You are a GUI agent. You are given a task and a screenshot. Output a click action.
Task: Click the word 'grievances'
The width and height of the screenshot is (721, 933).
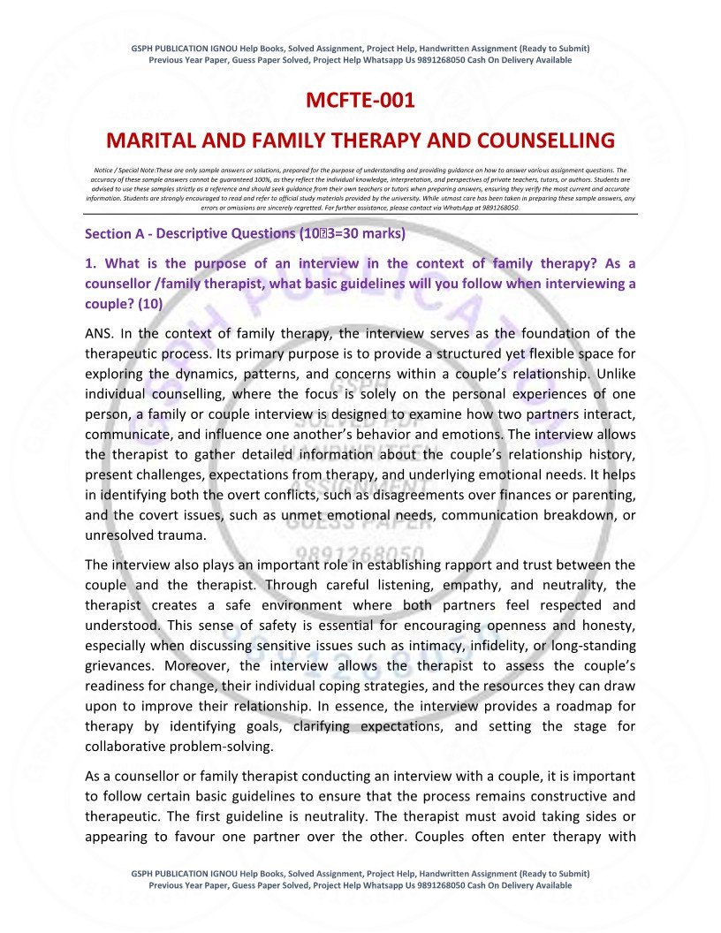point(120,665)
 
